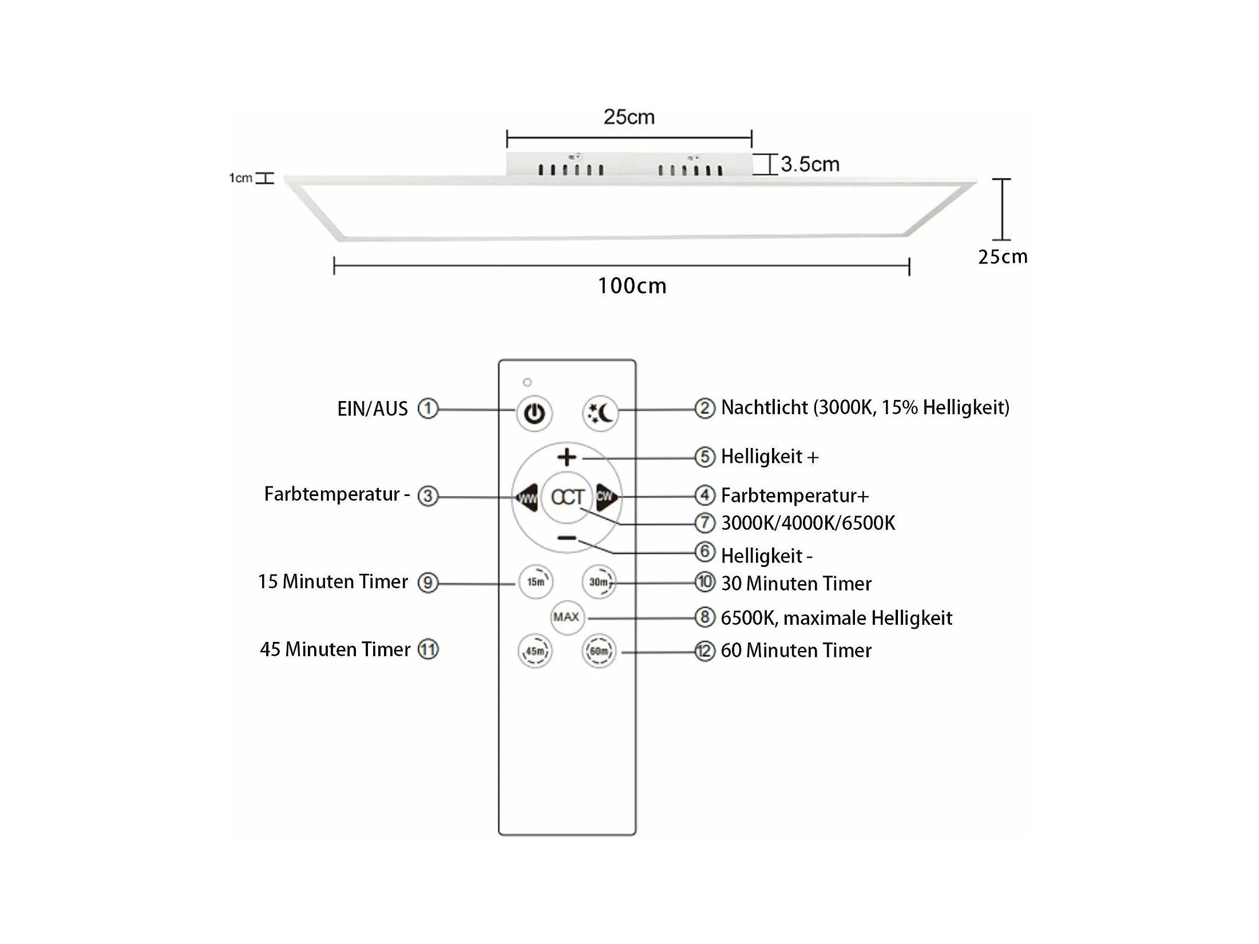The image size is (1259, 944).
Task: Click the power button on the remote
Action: click(x=534, y=413)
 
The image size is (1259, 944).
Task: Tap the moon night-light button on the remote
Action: click(x=600, y=413)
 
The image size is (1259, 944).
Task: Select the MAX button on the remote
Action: click(x=567, y=617)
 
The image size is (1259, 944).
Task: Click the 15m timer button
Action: click(x=536, y=582)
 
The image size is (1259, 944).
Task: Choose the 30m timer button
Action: click(x=599, y=582)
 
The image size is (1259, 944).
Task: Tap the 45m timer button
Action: click(x=535, y=651)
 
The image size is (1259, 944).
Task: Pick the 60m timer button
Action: click(x=599, y=651)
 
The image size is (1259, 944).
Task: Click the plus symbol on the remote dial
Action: click(x=567, y=457)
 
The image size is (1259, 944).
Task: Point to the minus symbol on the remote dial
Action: click(x=567, y=538)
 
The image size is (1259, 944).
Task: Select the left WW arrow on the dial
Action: click(x=526, y=497)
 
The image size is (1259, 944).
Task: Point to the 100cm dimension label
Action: click(x=632, y=286)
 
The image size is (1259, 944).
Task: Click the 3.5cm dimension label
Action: click(x=810, y=165)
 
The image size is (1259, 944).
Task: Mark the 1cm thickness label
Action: click(x=240, y=178)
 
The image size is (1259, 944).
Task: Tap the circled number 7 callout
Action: click(x=704, y=523)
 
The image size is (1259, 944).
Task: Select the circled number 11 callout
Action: click(x=428, y=649)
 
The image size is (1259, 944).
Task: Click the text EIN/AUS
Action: click(x=373, y=409)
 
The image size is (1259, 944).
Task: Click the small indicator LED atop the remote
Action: click(x=527, y=382)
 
